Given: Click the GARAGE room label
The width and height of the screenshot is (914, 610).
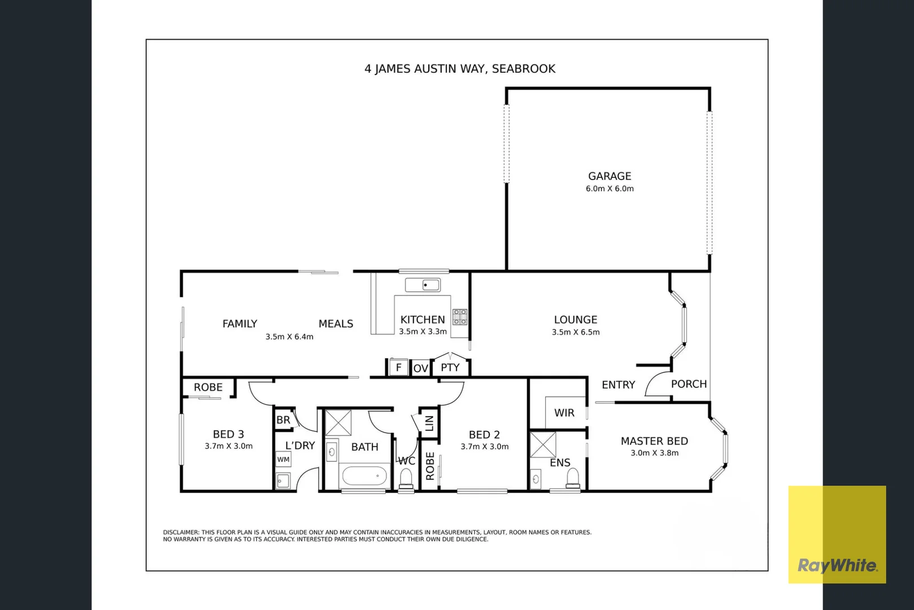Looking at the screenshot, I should click(x=609, y=176).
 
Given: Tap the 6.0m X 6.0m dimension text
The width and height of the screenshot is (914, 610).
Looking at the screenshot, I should click(x=609, y=189).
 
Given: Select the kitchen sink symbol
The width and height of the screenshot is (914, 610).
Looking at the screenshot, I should click(x=423, y=285).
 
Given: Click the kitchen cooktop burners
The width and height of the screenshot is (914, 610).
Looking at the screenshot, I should click(x=460, y=317).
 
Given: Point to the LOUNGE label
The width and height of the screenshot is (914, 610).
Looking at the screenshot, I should click(x=575, y=320).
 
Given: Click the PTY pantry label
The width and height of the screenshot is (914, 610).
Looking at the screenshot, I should click(x=450, y=368).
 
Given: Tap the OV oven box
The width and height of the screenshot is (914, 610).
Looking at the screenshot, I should click(x=420, y=368).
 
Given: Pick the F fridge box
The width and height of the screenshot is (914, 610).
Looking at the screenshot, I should click(x=398, y=368).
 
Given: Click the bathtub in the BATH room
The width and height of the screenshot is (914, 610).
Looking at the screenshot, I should click(x=364, y=476).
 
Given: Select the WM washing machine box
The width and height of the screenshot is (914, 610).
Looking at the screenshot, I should click(x=284, y=459).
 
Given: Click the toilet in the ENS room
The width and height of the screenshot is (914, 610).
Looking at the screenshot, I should click(x=572, y=479).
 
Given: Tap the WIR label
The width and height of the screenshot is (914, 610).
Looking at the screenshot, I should click(x=564, y=413).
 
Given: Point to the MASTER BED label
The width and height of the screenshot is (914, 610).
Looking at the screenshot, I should click(x=654, y=441).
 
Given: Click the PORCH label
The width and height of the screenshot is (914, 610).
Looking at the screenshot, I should click(x=689, y=384).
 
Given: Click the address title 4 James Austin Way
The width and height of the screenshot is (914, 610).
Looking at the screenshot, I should click(x=460, y=69).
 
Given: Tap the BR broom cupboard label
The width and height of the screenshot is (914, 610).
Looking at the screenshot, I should click(x=283, y=420).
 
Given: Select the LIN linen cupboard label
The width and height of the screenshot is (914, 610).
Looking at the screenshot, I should click(x=429, y=423).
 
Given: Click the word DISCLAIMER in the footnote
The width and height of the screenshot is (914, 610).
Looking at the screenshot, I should click(x=181, y=532).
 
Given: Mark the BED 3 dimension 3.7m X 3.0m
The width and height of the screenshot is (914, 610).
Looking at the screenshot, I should click(x=228, y=446).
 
